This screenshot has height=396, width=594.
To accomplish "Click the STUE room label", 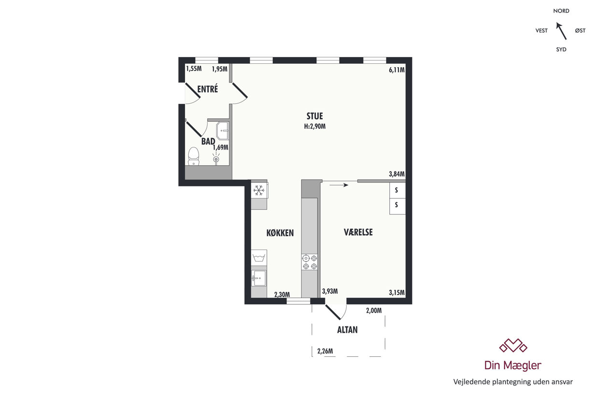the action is click(x=314, y=116).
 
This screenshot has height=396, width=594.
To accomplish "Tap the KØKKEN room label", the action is click(x=280, y=233).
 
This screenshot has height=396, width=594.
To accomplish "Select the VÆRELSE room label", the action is click(x=358, y=232).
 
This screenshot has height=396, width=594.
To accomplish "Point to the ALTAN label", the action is click(x=347, y=330).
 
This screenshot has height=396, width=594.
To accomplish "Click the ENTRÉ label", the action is click(x=208, y=89).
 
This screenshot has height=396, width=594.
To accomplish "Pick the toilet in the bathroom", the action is click(x=194, y=156).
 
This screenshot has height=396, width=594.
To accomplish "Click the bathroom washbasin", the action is click(x=223, y=131).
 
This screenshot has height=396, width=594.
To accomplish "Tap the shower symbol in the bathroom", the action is click(x=216, y=158).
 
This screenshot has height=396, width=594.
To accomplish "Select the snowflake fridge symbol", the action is click(x=258, y=190).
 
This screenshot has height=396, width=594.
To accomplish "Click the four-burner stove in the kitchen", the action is click(x=310, y=262).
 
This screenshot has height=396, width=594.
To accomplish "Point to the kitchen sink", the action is click(x=258, y=279).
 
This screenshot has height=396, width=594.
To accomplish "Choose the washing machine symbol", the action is click(x=259, y=257).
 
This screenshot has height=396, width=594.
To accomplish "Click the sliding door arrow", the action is click(x=339, y=185).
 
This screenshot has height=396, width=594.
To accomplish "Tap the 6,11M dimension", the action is click(x=396, y=70).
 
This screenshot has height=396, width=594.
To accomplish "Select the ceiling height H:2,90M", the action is click(x=315, y=126).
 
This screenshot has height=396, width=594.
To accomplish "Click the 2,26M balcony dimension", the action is click(x=325, y=351).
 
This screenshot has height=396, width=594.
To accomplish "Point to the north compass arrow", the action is click(x=561, y=31).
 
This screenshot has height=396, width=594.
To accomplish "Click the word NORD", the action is click(x=561, y=11).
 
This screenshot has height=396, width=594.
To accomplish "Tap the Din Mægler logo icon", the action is click(x=513, y=345).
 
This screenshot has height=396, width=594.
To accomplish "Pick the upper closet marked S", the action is click(x=396, y=190).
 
